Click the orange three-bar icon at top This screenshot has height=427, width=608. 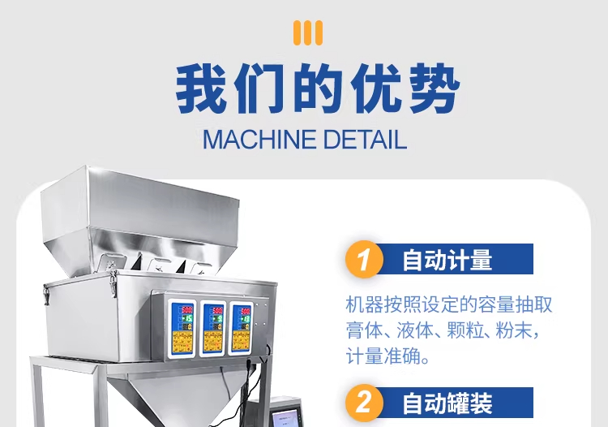click(x=308, y=32)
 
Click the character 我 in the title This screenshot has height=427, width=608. click(x=202, y=89)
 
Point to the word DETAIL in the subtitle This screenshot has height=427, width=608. click(x=365, y=140)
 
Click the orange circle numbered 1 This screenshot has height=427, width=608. click(x=364, y=259)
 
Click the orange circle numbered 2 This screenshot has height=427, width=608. click(x=364, y=403)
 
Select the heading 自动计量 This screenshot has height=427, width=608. click(x=447, y=260)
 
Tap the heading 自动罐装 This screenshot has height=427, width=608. click(x=447, y=403)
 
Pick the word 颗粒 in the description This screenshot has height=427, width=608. click(x=460, y=330)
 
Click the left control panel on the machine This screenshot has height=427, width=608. click(x=182, y=329)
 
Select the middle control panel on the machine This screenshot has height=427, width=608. click(x=213, y=329)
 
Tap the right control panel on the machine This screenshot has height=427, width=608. click(x=242, y=329)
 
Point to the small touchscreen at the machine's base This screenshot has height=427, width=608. click(x=287, y=418)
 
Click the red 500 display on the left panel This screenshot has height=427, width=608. click(x=186, y=310)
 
